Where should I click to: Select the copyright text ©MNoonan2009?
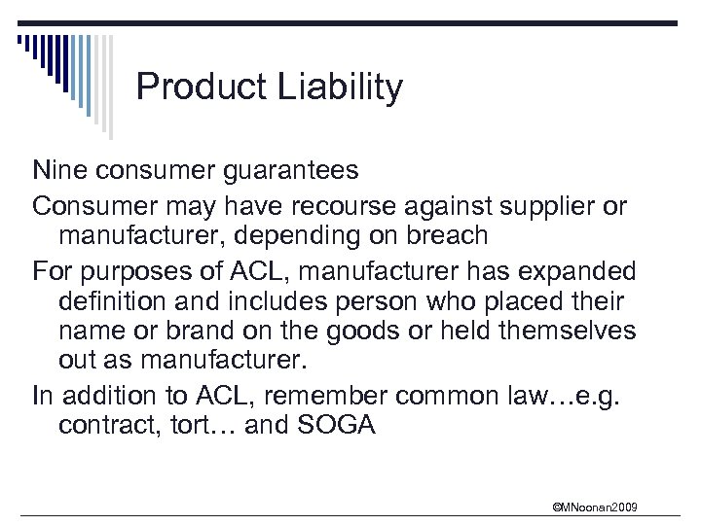594,507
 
